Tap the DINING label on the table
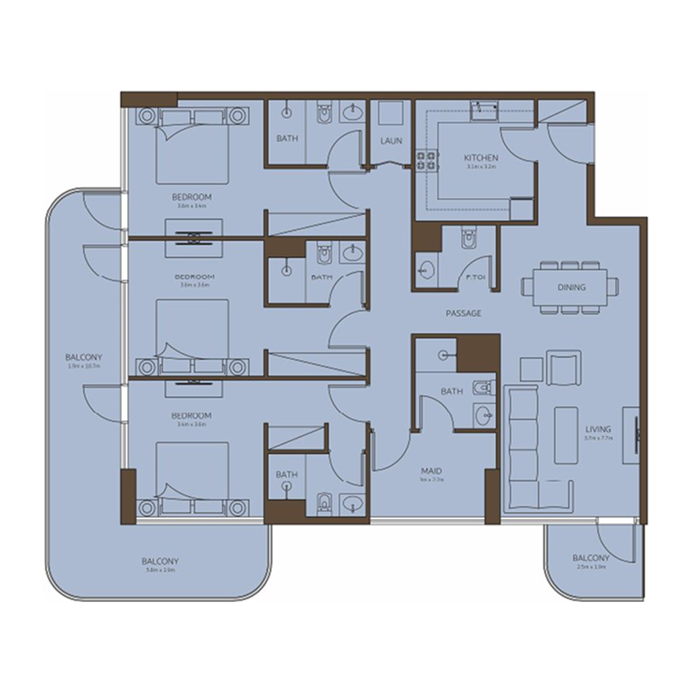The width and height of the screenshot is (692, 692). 571,287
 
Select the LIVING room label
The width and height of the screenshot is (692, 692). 598,429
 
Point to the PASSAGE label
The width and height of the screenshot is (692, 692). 464,313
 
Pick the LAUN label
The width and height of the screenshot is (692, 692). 390,141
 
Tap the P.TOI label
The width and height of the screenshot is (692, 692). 473,278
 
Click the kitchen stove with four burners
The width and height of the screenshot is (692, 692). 426,160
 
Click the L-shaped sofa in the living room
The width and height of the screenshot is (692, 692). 524,445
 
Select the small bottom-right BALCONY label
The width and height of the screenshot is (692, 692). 591,559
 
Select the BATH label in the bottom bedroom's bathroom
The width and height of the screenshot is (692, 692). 286,475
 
